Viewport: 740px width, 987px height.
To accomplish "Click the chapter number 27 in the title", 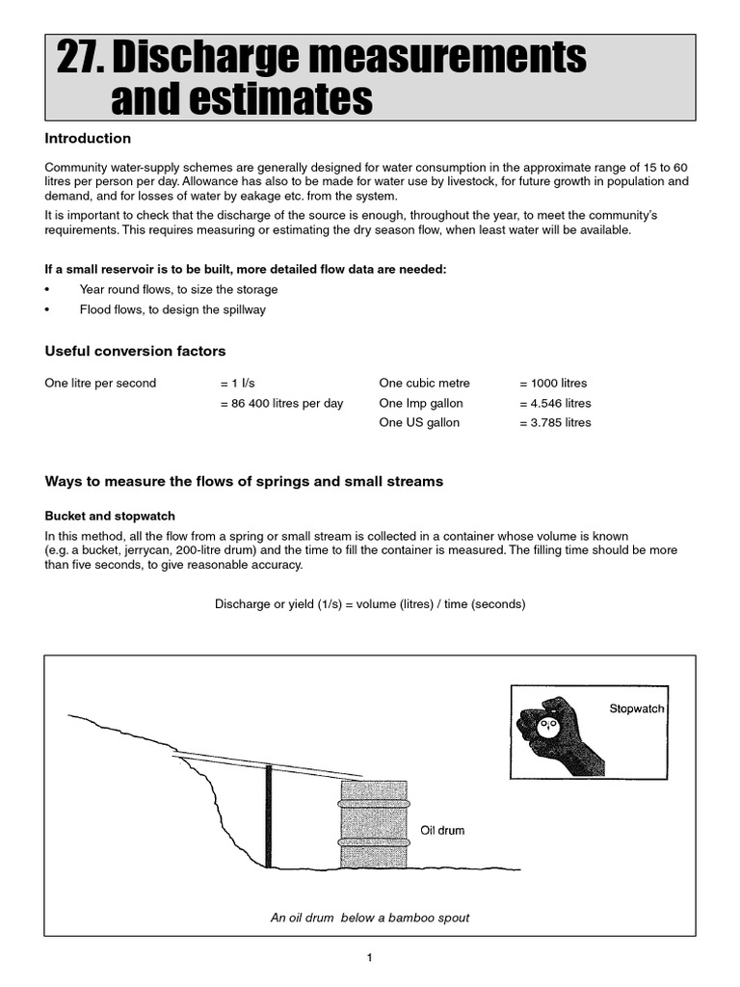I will tap(79, 60).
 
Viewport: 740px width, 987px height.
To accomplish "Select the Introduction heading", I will tap(88, 139).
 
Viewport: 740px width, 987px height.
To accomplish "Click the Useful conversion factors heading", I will tap(135, 351).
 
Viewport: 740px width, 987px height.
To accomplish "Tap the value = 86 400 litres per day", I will tap(281, 403).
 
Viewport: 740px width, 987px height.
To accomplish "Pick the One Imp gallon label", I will tap(421, 403).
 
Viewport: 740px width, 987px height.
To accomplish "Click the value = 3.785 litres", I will tap(554, 422).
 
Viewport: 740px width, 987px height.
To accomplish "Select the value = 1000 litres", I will tap(552, 383).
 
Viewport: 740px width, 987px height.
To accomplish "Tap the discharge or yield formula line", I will tap(369, 604).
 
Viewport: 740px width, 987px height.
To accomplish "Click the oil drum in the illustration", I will tap(373, 824).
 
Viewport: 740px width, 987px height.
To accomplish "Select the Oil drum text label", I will tap(442, 831).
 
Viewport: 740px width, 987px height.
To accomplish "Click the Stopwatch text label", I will tap(636, 708).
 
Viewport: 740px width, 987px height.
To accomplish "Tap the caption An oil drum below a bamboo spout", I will tap(370, 918).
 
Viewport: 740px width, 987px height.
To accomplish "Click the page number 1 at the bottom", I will tap(369, 957).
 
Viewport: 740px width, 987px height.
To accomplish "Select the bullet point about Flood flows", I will tap(172, 309).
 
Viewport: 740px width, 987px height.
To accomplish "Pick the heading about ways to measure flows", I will tap(244, 481).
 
